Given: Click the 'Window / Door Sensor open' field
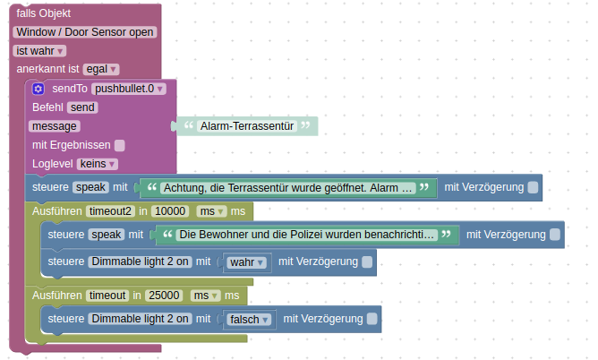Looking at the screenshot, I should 85,32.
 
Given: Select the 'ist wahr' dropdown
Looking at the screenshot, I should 40,51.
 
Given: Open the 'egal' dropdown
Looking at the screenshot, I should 101,69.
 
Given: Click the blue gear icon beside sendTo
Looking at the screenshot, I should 38,89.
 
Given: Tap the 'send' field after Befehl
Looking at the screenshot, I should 82,107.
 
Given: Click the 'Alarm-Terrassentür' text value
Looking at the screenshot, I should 247,126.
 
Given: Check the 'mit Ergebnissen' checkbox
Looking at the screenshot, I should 120,145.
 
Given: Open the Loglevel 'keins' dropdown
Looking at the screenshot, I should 98,164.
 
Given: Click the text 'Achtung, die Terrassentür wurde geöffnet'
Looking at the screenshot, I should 287,188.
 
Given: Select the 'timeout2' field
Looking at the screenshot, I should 110,211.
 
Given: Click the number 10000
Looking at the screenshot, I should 169,211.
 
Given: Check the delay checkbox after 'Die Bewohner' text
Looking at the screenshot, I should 555,235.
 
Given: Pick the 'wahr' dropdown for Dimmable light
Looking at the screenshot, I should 246,262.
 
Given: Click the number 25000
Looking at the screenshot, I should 165,295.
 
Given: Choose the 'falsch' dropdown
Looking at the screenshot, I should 249,319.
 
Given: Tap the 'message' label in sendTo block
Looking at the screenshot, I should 54,126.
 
